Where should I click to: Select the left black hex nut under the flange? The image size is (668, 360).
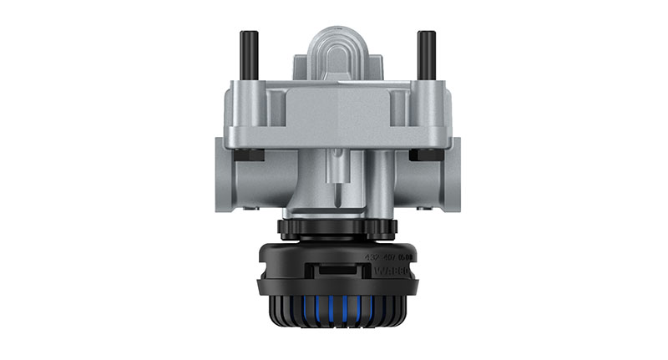(248, 155)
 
